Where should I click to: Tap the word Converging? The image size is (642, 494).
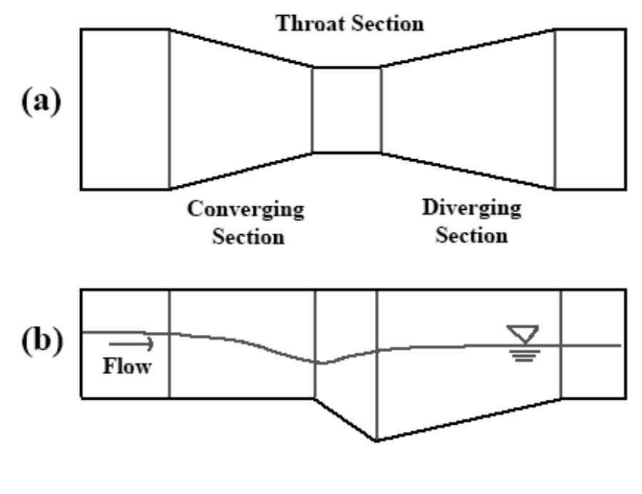tap(246, 211)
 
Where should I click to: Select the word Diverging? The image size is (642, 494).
tap(471, 209)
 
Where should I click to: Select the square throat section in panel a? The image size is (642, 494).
tap(346, 110)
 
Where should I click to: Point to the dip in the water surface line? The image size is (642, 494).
tap(322, 363)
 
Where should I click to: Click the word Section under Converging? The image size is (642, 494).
tap(246, 236)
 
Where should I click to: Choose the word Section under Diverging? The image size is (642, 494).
tap(472, 235)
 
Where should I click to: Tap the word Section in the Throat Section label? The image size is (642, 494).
tap(387, 24)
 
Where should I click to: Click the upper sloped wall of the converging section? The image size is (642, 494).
tap(241, 49)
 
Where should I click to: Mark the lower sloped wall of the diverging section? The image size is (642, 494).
tap(468, 171)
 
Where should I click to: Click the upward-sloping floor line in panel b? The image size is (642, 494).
tap(468, 419)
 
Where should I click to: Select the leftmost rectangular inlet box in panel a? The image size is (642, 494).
tap(125, 109)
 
